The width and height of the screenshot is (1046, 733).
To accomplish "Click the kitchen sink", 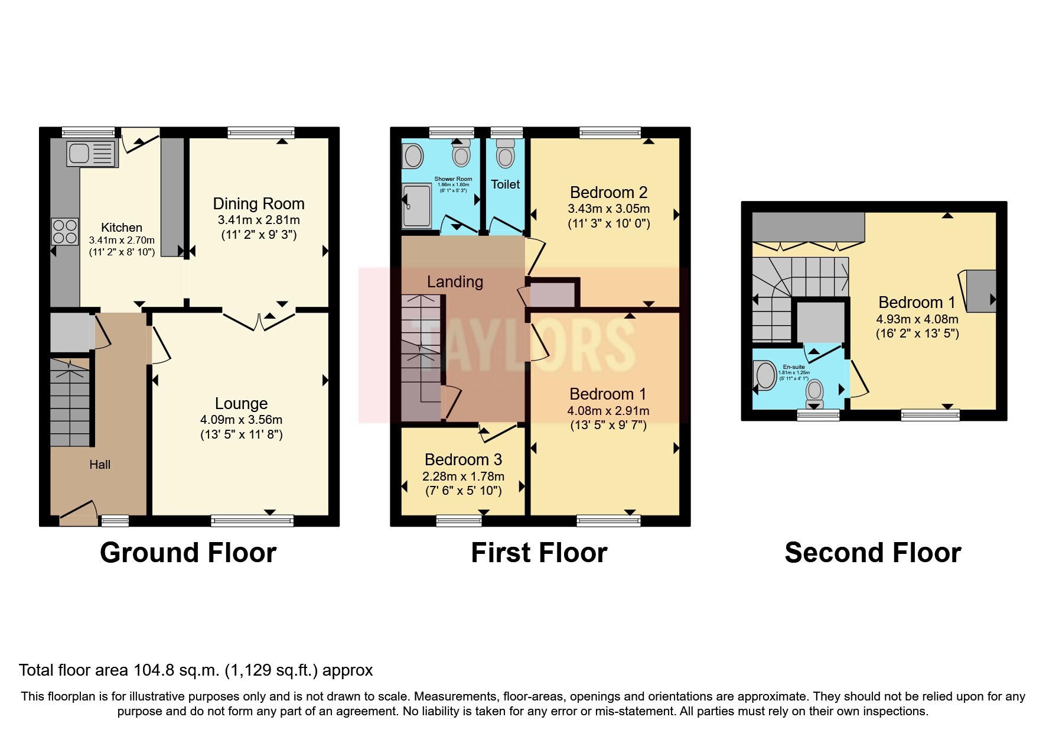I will [92, 154].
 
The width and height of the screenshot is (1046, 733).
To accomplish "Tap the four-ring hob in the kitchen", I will [65, 231].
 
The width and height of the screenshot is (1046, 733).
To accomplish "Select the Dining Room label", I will [259, 204].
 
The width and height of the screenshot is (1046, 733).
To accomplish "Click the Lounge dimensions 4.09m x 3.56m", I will [241, 420].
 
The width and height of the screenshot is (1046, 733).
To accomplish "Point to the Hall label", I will [100, 465].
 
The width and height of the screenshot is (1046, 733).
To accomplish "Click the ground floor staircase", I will [70, 401].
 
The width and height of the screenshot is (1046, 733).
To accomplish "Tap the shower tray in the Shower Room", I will [417, 205].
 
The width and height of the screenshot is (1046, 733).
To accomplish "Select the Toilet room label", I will [506, 184].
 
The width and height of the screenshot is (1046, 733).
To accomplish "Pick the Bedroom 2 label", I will [608, 193].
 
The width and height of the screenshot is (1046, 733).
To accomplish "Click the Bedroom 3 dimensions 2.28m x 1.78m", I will [463, 476].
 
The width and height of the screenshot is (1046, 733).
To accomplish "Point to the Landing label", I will [455, 282].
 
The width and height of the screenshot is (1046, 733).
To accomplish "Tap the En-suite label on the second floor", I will [793, 367].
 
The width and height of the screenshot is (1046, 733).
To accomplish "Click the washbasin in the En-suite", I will [765, 375].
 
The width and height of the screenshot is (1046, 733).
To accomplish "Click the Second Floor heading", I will [872, 553].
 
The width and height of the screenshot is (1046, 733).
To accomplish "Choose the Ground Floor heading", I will [188, 553].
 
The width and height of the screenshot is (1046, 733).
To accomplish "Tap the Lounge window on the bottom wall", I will [252, 521].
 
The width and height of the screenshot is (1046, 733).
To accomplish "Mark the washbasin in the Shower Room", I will [413, 157].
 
